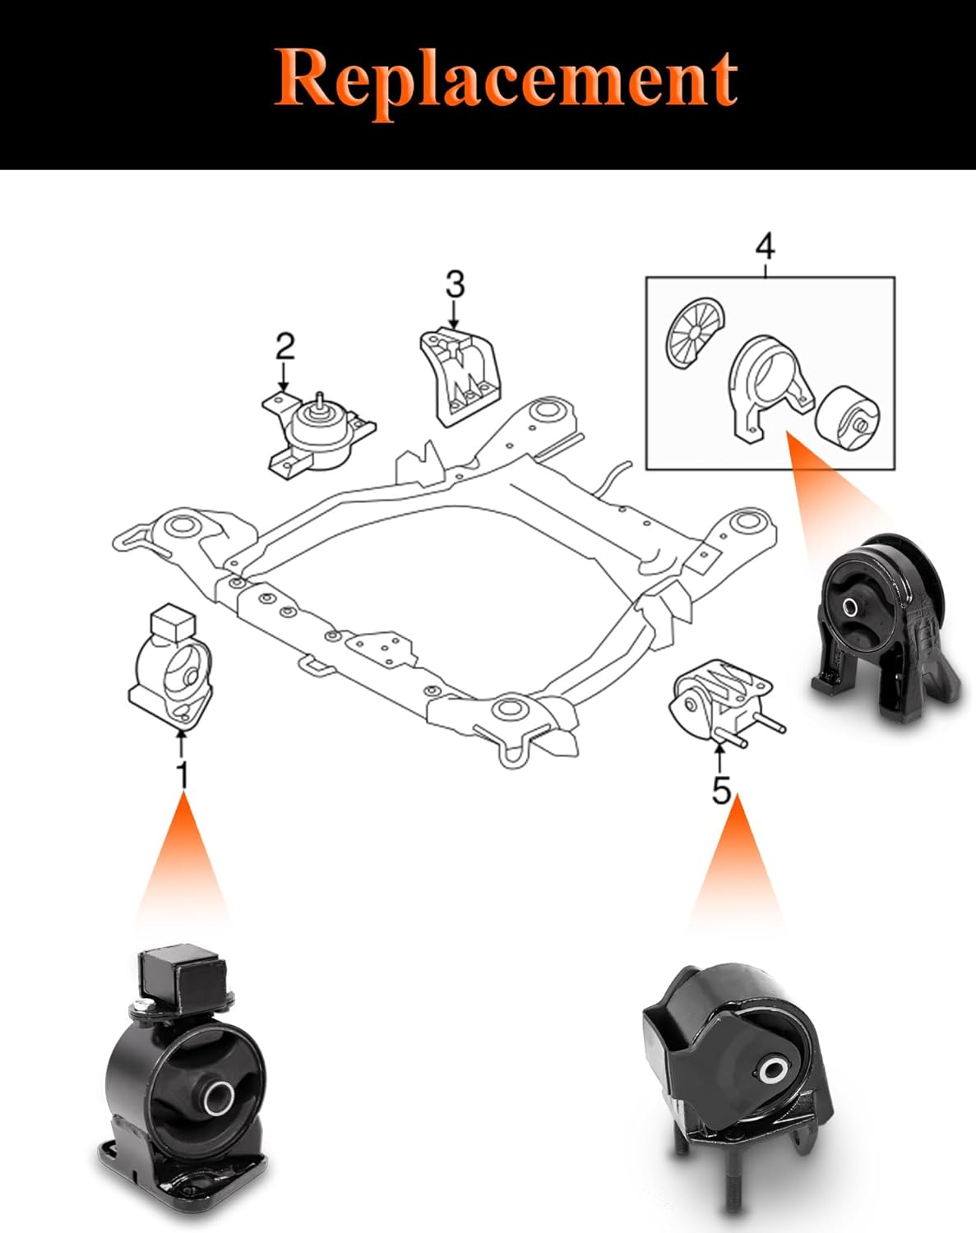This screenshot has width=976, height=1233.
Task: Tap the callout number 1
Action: click(183, 775)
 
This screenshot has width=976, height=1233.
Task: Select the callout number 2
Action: click(284, 347)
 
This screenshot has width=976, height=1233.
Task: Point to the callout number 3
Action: click(455, 284)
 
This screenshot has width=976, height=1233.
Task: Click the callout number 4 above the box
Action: click(765, 246)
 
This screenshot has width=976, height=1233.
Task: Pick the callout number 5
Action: click(721, 791)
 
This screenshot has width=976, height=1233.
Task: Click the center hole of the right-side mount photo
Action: click(850, 607)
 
